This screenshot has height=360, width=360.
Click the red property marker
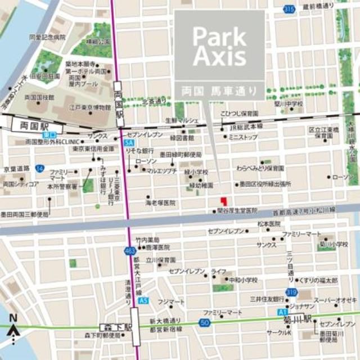coord(223,201)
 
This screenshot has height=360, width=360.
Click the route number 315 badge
coord(289,10)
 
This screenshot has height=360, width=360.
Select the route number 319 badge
coord(291,292)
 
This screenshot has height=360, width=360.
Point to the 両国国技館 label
coord(39,97)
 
